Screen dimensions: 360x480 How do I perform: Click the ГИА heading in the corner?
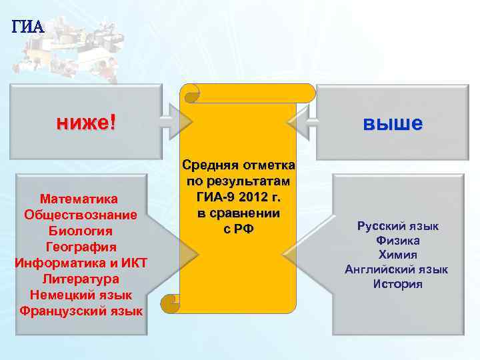[x=27, y=27]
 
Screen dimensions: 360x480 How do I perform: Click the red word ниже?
[x=86, y=122]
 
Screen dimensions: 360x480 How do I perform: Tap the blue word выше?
[x=393, y=123]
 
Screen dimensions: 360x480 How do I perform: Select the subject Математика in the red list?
[x=79, y=199]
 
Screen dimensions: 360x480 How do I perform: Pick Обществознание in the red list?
[x=80, y=215]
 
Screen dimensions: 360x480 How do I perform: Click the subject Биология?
[x=79, y=231]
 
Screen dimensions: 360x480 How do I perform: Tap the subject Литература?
[x=80, y=279]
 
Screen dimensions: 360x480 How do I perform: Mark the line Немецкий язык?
[x=80, y=295]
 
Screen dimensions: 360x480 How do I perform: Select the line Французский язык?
[x=81, y=311]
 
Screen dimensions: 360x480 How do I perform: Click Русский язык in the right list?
[x=397, y=227]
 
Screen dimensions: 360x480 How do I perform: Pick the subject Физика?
[x=397, y=241]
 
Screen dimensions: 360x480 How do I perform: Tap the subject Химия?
[x=397, y=255]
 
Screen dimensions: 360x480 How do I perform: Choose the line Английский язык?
[x=397, y=270]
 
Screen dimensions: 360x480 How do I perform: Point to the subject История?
[x=397, y=285]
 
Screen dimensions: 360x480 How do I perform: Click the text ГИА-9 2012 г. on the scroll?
[x=239, y=198]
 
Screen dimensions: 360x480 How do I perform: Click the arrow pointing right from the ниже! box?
[x=176, y=121]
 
